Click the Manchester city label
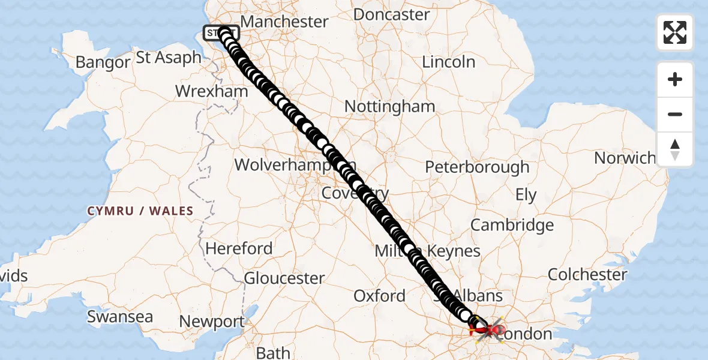click(x=284, y=22)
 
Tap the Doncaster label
click(x=391, y=14)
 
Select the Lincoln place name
click(x=448, y=62)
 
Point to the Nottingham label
click(x=389, y=107)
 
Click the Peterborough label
click(x=477, y=167)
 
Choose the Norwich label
click(x=625, y=158)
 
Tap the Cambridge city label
click(x=512, y=225)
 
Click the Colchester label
click(x=587, y=275)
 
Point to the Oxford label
click(x=379, y=296)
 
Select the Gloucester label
click(x=284, y=278)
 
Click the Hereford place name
click(x=239, y=248)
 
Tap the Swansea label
click(x=120, y=317)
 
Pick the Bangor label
click(x=103, y=62)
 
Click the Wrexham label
click(x=211, y=91)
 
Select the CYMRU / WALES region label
click(x=140, y=211)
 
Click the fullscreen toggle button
click(x=675, y=32)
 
